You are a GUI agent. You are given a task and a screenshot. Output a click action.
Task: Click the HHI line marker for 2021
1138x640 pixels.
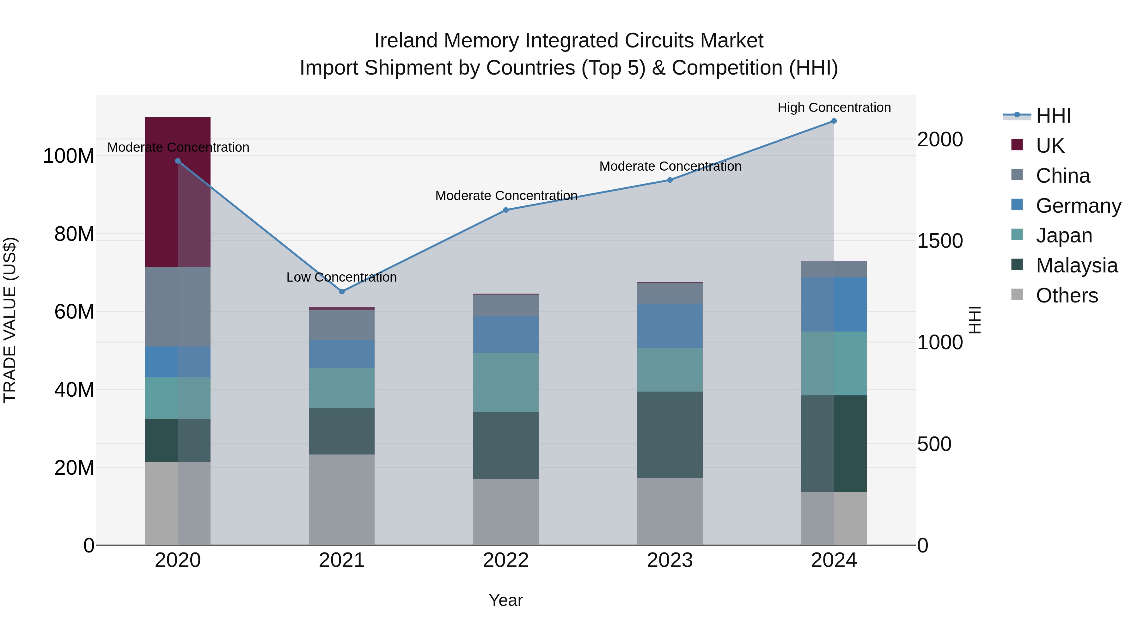coord(341,291)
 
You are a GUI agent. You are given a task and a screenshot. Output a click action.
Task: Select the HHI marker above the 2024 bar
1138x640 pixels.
coord(834,121)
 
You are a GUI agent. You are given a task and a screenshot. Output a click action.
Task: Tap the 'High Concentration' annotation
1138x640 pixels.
coord(834,107)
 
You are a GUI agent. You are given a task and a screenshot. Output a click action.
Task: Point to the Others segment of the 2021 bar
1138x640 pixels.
coord(341,500)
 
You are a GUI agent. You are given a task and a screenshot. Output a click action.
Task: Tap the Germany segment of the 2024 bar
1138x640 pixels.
coord(834,304)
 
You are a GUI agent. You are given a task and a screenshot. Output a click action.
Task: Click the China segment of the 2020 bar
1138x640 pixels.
coord(178,307)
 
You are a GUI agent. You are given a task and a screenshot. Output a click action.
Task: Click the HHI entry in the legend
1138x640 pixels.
coord(1053,116)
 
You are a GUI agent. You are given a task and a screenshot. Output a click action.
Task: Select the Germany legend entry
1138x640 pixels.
coord(1078,206)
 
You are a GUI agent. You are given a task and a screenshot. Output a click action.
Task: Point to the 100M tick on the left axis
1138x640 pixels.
coord(69,156)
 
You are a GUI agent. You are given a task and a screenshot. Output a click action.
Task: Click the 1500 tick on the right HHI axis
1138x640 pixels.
coord(940,241)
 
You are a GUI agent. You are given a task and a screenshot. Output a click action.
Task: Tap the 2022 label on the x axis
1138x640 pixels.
coord(506,560)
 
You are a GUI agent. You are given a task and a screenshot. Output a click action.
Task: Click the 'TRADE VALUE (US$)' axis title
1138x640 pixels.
coord(10,320)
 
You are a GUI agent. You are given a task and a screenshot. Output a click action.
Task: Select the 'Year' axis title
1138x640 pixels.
coord(506,600)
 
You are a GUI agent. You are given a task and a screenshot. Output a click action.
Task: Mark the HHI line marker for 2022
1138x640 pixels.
coord(506,210)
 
